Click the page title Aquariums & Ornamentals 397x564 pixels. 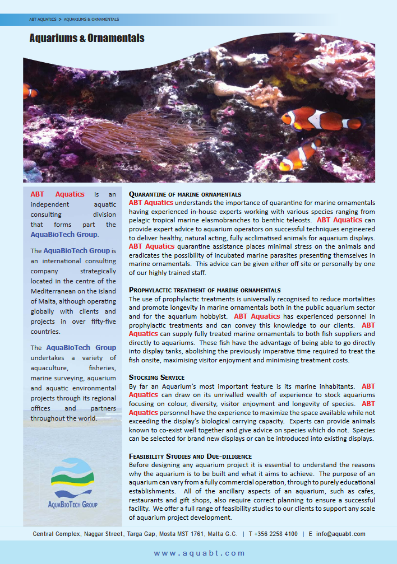tap(87, 38)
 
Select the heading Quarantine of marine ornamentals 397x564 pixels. tap(185, 194)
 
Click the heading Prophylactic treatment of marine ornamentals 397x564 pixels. tap(204, 290)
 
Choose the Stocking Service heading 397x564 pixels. tap(156, 377)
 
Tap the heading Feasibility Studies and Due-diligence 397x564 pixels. tap(190, 457)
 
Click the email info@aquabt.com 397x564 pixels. tap(340, 534)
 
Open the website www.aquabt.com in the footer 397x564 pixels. tap(200, 553)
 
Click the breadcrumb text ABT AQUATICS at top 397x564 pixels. tap(43, 19)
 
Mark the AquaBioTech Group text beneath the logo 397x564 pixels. tap(73, 505)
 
